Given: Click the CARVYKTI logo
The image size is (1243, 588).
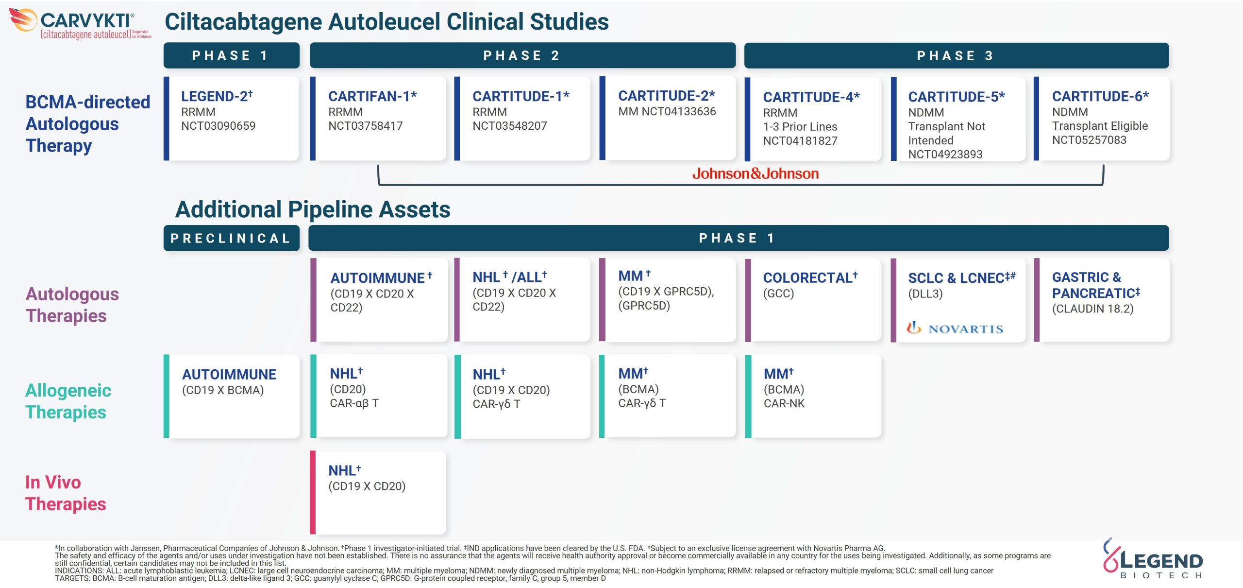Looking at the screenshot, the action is point(80,24).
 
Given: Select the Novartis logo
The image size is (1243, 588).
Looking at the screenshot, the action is point(955,329).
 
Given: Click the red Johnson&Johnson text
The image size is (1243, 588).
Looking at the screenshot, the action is point(755,173).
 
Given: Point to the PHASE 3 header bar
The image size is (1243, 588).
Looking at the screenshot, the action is point(956,55).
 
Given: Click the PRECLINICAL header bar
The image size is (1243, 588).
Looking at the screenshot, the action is point(231,238).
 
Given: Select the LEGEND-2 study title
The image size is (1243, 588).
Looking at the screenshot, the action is point(217,96).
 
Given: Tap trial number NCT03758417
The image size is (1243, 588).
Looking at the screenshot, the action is point(366,126).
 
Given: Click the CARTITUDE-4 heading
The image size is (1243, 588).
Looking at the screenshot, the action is point(811,97).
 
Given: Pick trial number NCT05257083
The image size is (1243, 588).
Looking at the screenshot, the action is point(1089,140).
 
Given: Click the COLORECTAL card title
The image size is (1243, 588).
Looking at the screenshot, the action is point(810,277).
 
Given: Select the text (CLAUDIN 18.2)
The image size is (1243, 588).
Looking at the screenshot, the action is point(1092,309).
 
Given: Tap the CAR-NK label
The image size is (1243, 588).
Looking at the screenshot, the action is point(784,403).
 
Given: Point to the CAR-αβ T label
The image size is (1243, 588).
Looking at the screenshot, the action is point(354,403).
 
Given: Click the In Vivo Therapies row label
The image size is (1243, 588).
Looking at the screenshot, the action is point(66,493).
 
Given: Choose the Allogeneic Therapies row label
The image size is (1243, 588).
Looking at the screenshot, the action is point(68,401).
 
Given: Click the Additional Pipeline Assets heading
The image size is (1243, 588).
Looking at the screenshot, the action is point(313,209).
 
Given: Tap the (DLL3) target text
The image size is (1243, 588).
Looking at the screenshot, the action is point(925,294).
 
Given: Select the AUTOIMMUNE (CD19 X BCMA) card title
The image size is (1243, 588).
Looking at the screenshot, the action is point(229,374).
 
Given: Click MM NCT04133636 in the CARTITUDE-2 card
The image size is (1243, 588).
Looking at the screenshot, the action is point(667,112).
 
